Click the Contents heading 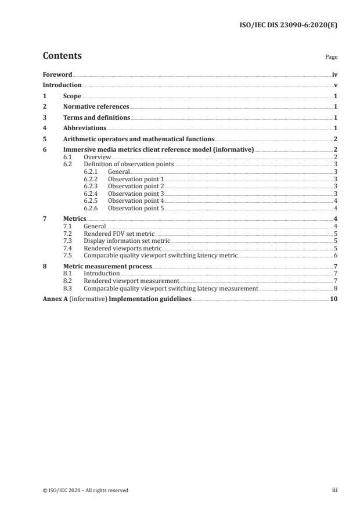click(62, 56)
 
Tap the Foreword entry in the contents click(57, 75)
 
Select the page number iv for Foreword click(334, 75)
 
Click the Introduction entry click(62, 85)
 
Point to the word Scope click(72, 96)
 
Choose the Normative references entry click(96, 107)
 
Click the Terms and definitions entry click(96, 117)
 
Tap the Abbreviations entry click(85, 128)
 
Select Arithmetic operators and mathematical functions click(138, 139)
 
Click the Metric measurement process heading click(107, 266)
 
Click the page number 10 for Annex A click(334, 299)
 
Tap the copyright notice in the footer click(86, 490)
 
